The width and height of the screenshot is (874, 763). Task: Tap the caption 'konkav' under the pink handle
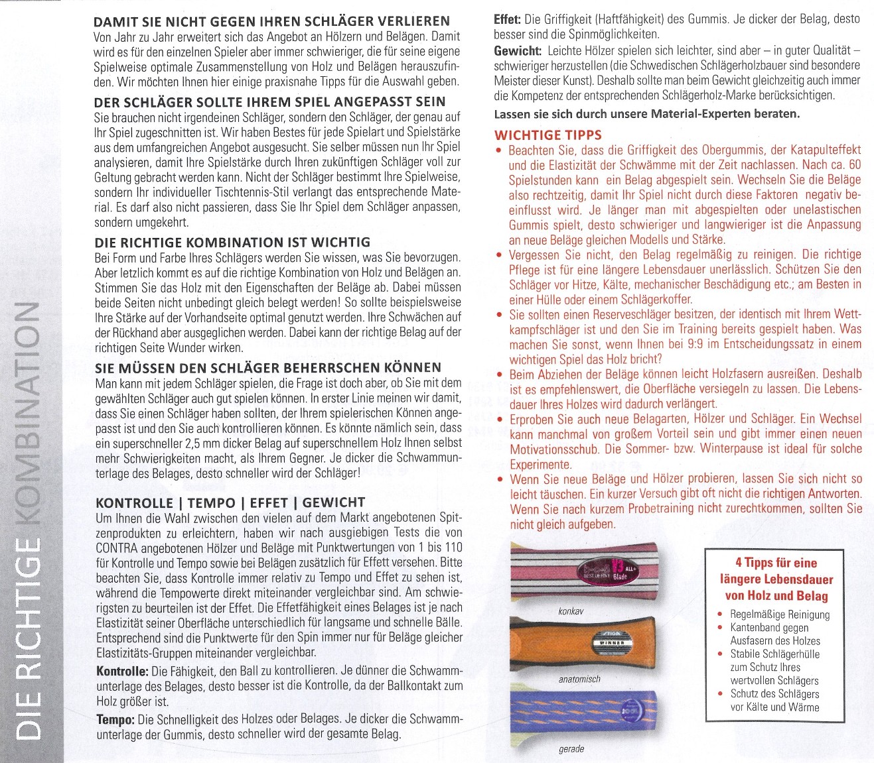(570, 611)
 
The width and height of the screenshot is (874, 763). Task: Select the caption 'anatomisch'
(579, 679)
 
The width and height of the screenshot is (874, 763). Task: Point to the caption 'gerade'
(571, 748)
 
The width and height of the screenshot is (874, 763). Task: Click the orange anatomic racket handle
(584, 644)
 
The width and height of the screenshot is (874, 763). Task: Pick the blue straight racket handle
(584, 713)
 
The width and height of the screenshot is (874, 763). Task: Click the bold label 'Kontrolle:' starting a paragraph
(121, 672)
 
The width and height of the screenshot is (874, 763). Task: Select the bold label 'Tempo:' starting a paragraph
(115, 719)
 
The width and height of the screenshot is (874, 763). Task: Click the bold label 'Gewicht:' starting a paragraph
(517, 51)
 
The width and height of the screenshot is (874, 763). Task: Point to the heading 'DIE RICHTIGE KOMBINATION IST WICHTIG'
(232, 242)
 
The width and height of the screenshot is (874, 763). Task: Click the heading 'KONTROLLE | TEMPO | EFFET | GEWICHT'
(230, 502)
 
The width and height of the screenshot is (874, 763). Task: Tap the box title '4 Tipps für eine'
(776, 563)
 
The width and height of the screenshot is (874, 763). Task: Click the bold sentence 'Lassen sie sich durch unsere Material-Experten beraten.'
(646, 113)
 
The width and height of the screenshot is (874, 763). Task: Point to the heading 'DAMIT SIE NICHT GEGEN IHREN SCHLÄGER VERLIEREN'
(272, 22)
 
